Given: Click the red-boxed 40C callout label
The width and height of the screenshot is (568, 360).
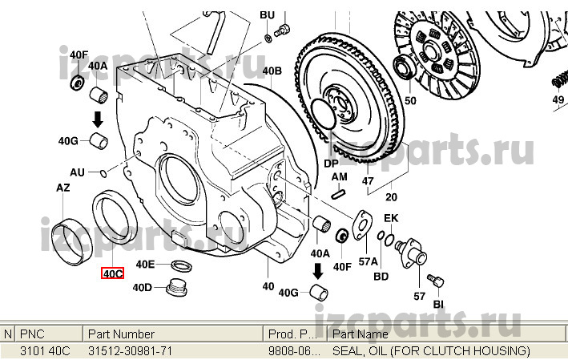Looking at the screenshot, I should click(111, 273).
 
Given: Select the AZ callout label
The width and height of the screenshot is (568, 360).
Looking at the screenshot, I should click(62, 188).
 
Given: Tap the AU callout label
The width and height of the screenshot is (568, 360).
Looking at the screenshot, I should click(77, 172).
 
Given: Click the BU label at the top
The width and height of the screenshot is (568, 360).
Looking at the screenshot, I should click(267, 15).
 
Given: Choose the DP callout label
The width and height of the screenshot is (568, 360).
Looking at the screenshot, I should click(331, 163).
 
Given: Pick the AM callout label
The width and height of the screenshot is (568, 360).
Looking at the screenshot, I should click(340, 176).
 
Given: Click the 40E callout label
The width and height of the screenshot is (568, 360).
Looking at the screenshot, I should click(145, 264).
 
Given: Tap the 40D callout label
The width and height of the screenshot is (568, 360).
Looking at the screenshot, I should click(142, 287).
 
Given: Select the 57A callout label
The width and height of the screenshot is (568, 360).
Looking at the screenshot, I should click(368, 261).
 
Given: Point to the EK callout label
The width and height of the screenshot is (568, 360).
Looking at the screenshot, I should click(390, 218).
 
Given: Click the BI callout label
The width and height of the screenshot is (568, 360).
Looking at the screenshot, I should click(438, 304).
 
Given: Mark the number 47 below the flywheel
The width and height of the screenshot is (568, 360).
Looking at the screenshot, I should click(368, 181).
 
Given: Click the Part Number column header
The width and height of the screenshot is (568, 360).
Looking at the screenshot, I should click(122, 334).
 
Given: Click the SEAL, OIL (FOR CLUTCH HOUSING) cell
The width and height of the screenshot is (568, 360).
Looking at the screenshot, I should click(431, 351).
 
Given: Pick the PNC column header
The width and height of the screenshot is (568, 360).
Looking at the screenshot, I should click(32, 334).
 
